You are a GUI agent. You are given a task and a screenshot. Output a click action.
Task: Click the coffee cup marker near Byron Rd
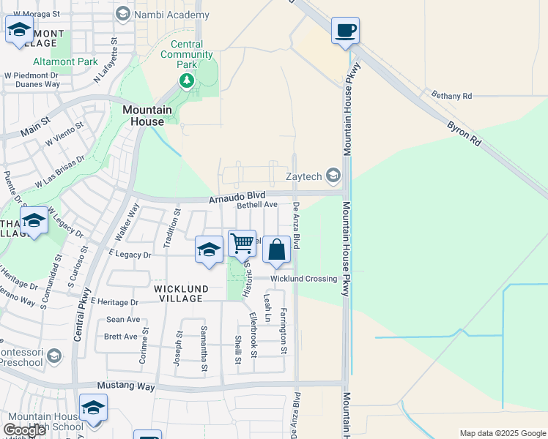click(x=345, y=31)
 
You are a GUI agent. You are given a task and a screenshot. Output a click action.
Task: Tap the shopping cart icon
click(x=242, y=243)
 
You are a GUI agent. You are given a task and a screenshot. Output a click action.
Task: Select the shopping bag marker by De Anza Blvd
click(x=276, y=250)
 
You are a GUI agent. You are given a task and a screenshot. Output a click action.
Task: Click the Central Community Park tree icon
click(x=188, y=80)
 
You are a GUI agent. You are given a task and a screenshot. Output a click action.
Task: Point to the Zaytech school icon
click(x=334, y=175)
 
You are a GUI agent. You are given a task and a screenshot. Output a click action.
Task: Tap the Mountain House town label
click(x=147, y=116)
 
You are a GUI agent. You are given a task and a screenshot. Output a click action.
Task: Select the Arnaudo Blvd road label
click(x=236, y=198)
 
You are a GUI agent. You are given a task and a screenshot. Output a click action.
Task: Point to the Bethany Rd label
click(x=451, y=95)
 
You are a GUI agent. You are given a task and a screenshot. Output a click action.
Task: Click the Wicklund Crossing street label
click(x=304, y=279)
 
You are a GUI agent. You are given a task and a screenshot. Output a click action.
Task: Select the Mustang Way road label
click(x=126, y=385)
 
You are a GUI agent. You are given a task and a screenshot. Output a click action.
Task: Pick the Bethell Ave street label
click(x=256, y=206)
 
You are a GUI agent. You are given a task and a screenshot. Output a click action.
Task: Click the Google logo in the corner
click(x=24, y=429)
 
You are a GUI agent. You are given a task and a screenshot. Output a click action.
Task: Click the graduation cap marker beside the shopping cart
click(x=209, y=250)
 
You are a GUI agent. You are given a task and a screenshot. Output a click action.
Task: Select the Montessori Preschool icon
click(x=53, y=356)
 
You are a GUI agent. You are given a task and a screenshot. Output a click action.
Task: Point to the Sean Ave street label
click(x=123, y=320)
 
